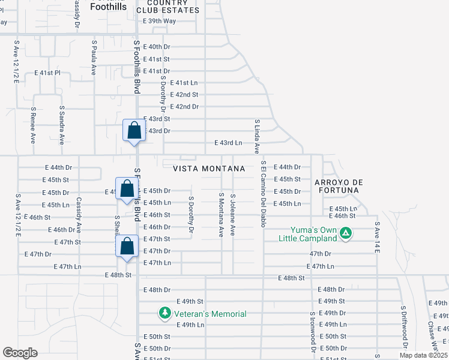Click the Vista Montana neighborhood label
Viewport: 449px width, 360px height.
[209, 169]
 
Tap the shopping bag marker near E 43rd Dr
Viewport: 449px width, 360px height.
[134, 130]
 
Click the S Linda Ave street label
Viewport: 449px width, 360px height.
[256, 136]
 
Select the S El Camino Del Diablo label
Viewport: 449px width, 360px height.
[263, 193]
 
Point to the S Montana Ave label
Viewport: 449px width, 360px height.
[221, 215]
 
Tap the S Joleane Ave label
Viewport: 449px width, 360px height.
[232, 214]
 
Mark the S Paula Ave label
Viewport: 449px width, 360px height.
[94, 58]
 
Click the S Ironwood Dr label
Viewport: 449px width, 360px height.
[313, 332]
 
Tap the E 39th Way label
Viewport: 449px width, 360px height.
[160, 21]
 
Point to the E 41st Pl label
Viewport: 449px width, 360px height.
[47, 73]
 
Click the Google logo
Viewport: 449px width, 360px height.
[20, 352]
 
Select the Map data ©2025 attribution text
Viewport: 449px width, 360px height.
[423, 356]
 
